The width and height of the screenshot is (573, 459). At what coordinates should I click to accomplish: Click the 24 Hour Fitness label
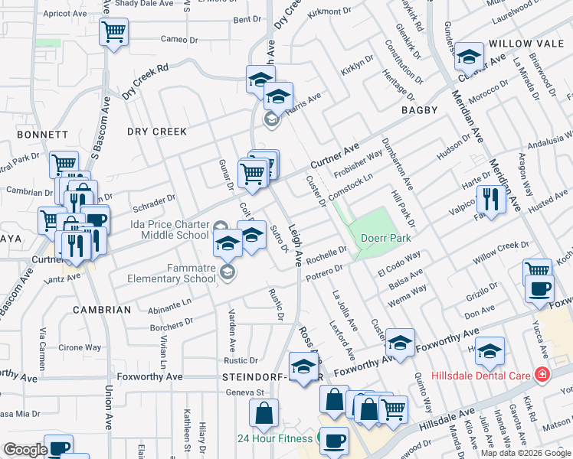pos(274,438)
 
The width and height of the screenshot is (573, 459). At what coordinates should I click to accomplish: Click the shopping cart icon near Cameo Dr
pos(114,32)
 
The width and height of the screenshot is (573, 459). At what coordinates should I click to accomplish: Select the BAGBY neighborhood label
pos(419,110)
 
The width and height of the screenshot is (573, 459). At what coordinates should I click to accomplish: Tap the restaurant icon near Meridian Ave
pos(490,200)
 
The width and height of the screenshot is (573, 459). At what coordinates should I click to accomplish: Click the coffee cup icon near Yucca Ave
pos(541,289)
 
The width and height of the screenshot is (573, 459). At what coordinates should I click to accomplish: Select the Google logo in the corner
pos(25,450)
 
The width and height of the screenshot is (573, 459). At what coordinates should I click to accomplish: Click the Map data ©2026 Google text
pos(526,453)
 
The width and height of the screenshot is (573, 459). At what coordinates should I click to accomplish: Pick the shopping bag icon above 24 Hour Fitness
pos(264,413)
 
